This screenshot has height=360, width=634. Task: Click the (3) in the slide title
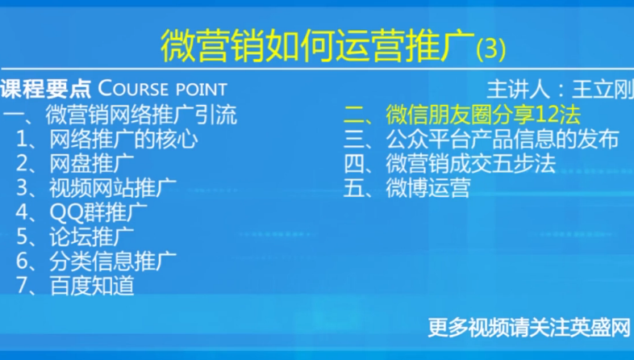pyautogui.click(x=491, y=49)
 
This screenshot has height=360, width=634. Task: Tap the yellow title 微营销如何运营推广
pyautogui.click(x=318, y=45)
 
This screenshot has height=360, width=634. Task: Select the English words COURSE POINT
pyautogui.click(x=163, y=89)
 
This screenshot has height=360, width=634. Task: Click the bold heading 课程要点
pyautogui.click(x=46, y=89)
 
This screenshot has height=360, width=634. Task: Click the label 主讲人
pyautogui.click(x=518, y=90)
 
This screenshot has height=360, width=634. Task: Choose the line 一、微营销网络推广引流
pyautogui.click(x=120, y=115)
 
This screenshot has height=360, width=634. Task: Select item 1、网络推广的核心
pyautogui.click(x=107, y=140)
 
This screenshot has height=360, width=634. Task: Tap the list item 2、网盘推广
pyautogui.click(x=75, y=164)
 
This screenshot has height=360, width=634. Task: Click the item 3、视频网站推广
pyautogui.click(x=97, y=188)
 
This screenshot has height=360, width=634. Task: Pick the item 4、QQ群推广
pyautogui.click(x=81, y=212)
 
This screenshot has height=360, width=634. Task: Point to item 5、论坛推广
pyautogui.click(x=75, y=237)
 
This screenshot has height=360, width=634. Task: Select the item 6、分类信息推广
pyautogui.click(x=97, y=261)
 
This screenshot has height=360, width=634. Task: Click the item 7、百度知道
pyautogui.click(x=75, y=285)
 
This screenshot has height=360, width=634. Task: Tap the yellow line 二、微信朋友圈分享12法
pyautogui.click(x=462, y=115)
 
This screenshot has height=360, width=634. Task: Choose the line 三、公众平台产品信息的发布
pyautogui.click(x=482, y=139)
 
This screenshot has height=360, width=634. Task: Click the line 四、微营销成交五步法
pyautogui.click(x=449, y=163)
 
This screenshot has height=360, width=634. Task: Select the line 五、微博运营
pyautogui.click(x=407, y=188)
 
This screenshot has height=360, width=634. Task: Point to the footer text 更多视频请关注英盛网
pyautogui.click(x=529, y=328)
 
